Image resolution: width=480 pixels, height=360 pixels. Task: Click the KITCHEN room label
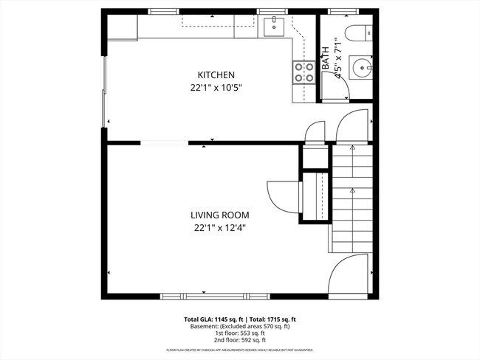(x=216, y=75)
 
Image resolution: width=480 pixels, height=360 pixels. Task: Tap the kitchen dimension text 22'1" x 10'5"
(x=216, y=88)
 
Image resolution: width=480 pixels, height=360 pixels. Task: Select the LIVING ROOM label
(x=215, y=215)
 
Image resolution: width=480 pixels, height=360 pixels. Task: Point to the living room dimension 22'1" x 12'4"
(x=215, y=228)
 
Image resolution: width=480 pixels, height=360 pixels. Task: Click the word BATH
(x=325, y=59)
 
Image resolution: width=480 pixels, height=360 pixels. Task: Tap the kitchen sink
(x=274, y=28)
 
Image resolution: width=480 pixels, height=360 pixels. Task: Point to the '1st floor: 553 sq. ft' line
(x=239, y=333)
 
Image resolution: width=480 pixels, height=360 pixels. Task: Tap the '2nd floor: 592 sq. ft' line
(x=239, y=340)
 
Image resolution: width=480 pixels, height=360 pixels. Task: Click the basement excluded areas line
(x=239, y=326)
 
